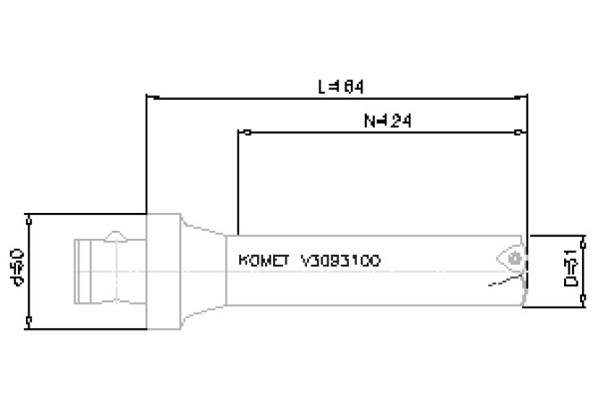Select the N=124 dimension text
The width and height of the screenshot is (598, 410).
click(381, 119)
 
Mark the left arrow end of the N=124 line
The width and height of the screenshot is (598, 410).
click(240, 132)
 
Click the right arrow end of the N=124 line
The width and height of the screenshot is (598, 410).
click(522, 132)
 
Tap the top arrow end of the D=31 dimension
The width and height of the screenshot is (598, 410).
click(583, 237)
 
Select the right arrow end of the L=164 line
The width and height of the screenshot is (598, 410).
click(527, 97)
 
